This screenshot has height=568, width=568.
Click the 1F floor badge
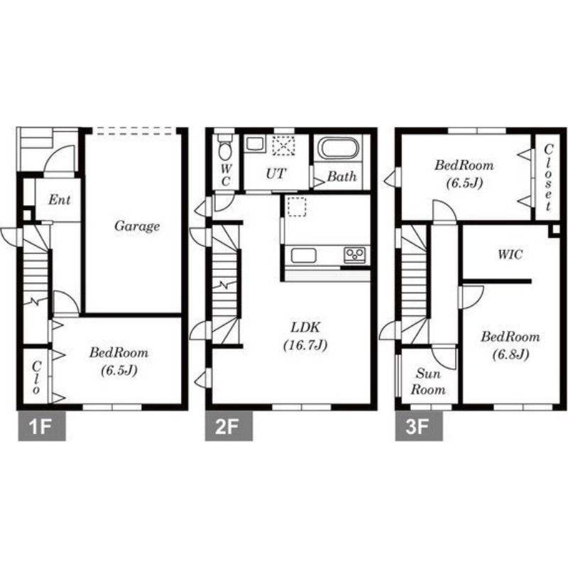click(42, 425)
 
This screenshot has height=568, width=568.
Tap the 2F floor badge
click(229, 425)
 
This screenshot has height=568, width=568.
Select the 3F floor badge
click(419, 425)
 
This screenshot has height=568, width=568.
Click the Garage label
click(137, 226)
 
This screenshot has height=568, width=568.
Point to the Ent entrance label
click(60, 200)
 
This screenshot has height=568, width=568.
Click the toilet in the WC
click(225, 148)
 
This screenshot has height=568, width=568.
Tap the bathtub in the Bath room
click(339, 148)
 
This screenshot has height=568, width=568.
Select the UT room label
click(276, 174)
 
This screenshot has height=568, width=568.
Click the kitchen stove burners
click(354, 255)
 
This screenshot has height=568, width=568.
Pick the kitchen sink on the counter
click(304, 256)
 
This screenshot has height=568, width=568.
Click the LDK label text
click(305, 327)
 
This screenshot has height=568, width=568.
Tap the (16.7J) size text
click(305, 345)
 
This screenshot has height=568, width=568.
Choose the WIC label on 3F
click(510, 254)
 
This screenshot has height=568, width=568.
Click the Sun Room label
click(428, 382)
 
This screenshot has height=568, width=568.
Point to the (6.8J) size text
click(510, 354)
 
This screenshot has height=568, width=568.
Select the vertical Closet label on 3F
click(548, 177)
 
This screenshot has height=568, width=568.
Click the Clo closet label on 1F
click(36, 378)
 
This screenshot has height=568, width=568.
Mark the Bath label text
click(342, 176)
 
